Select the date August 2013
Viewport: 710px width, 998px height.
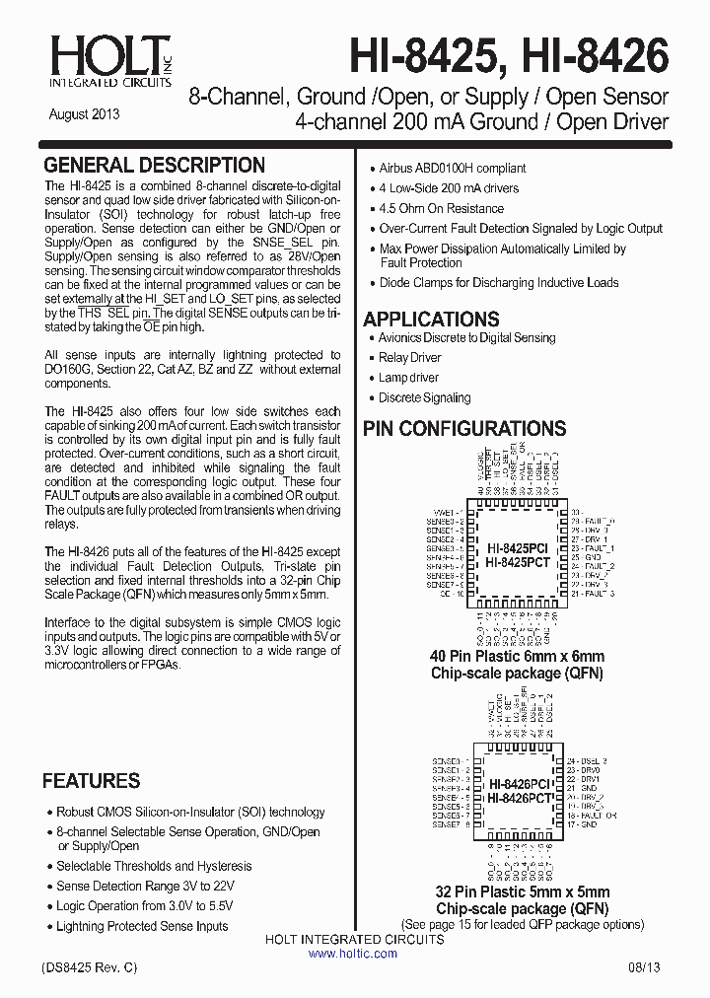[x=84, y=114]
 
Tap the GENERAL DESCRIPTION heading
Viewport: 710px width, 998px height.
[x=155, y=165]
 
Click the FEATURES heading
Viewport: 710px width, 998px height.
[x=91, y=781]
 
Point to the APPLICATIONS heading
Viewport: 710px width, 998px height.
[x=431, y=319]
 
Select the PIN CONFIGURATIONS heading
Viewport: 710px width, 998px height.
[x=464, y=428]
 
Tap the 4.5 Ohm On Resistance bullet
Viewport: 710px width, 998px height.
[x=441, y=208]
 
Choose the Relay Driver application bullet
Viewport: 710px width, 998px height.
[x=410, y=358]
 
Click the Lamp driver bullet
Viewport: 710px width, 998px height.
[x=408, y=378]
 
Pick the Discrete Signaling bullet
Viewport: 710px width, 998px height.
[x=424, y=397]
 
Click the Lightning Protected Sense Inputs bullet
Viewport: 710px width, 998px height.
[x=142, y=926]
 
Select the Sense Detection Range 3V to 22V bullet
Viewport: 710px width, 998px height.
[x=145, y=886]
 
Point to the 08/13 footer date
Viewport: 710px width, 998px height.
[x=646, y=970]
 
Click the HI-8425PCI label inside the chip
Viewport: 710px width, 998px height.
[x=517, y=545]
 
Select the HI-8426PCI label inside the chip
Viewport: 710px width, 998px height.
[x=519, y=783]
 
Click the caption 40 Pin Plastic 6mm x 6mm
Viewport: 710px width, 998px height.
[x=517, y=656]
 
